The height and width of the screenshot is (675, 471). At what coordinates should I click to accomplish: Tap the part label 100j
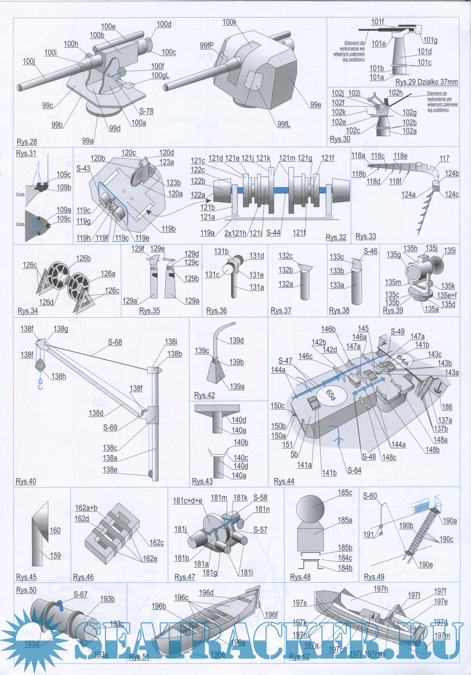tap(28, 61)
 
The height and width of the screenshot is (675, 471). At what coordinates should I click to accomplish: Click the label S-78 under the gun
tap(146, 111)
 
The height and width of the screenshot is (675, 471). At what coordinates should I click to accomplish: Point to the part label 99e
tap(315, 105)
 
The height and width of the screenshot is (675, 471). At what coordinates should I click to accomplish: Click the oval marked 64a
tap(402, 360)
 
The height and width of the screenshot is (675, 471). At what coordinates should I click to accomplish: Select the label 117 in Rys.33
tap(444, 158)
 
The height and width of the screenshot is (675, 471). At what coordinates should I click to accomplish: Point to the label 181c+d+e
tap(187, 500)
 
